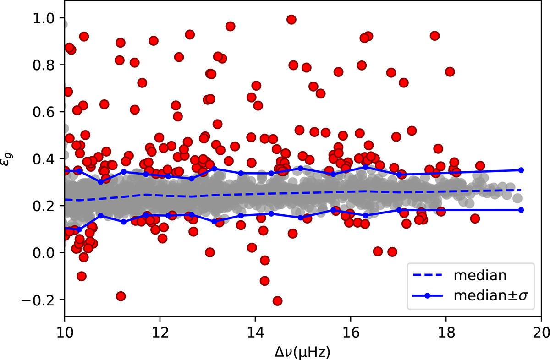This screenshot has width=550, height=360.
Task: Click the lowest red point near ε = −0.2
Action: (x=277, y=301)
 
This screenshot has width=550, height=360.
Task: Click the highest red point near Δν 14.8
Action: (x=291, y=19)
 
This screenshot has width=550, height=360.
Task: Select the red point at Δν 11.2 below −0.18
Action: (x=121, y=296)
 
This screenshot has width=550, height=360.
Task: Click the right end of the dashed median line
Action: (x=521, y=190)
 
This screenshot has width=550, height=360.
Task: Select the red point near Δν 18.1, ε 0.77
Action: (x=450, y=71)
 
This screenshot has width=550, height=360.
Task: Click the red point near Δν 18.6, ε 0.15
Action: (x=475, y=218)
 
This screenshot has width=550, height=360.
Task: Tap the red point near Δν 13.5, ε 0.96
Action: (x=231, y=26)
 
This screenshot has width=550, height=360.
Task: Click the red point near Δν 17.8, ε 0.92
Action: (x=435, y=36)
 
